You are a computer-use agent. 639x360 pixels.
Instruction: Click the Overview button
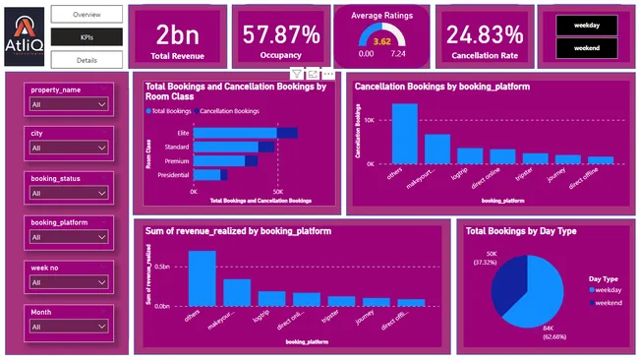point(87,15)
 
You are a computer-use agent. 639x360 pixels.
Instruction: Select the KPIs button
point(87,36)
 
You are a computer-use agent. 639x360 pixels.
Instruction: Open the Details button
point(87,60)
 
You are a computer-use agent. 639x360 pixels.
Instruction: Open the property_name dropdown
point(68,103)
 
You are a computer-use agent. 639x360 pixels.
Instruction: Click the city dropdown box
point(68,148)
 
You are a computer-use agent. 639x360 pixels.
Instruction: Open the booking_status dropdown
point(68,193)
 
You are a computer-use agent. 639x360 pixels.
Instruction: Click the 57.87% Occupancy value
point(282,35)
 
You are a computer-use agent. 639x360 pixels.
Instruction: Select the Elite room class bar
point(236,133)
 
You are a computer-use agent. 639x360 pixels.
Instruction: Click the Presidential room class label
point(174,175)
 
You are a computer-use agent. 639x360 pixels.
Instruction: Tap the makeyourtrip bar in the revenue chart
point(237,293)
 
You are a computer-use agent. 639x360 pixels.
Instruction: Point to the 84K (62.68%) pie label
point(558,334)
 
